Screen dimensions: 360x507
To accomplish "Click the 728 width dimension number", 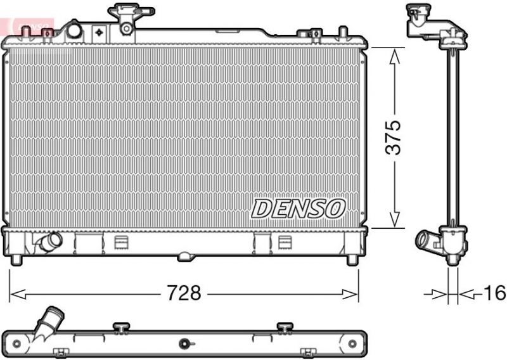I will [x=185, y=293].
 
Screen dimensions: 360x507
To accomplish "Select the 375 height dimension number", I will [x=395, y=138].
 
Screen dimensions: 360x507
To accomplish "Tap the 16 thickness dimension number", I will [x=495, y=293].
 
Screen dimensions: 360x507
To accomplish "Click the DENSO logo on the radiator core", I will [x=298, y=208].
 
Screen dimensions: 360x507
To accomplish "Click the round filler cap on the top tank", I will [x=74, y=30].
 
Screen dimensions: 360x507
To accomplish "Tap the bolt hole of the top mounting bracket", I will [x=127, y=28].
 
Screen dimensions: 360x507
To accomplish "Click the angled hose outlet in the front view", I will [x=48, y=241].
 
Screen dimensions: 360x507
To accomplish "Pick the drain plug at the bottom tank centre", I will [x=184, y=257].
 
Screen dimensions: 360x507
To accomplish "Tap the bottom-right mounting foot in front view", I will [x=353, y=259].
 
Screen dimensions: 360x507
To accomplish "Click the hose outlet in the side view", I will [x=425, y=241].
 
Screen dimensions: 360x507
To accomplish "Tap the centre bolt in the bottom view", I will [x=184, y=344].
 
